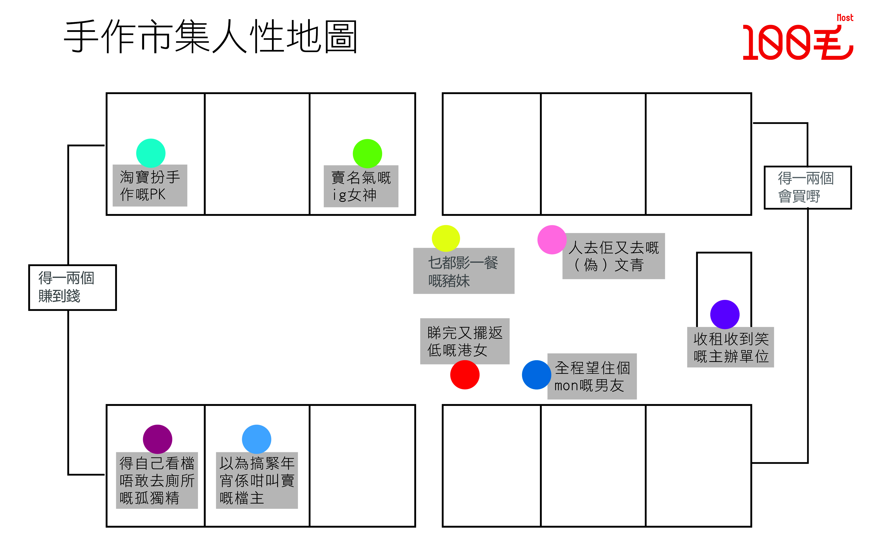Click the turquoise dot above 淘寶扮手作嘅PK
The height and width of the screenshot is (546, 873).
click(x=151, y=153)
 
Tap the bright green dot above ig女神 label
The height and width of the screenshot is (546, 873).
click(x=367, y=154)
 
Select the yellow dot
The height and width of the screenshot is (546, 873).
click(x=446, y=238)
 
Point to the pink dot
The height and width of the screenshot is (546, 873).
click(x=552, y=239)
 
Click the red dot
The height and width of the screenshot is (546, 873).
click(x=465, y=375)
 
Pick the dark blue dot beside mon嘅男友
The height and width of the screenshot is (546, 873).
click(x=536, y=375)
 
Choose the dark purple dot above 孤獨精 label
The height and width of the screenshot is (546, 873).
click(x=158, y=439)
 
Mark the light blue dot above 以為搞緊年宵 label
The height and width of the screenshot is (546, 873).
click(x=257, y=439)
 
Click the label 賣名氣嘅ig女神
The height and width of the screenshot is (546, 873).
click(x=361, y=186)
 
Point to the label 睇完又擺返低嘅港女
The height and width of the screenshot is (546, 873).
click(x=465, y=341)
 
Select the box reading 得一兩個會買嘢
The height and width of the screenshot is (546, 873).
click(x=808, y=187)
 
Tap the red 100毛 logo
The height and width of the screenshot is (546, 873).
click(x=798, y=40)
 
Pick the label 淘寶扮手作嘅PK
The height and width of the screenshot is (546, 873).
click(x=150, y=186)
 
